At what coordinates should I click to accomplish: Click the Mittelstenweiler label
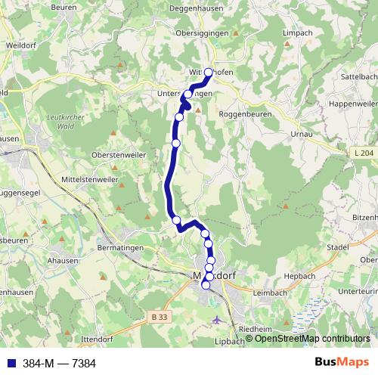[x=84, y=180]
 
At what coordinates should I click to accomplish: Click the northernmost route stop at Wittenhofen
[x=209, y=73]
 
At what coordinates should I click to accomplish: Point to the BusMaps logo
[x=336, y=363]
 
